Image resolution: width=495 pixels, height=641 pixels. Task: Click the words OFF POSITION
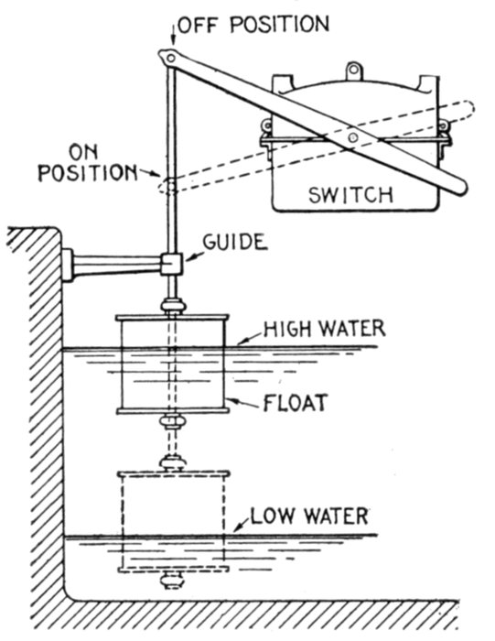tap(253, 25)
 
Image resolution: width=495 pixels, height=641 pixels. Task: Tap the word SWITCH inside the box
tap(350, 195)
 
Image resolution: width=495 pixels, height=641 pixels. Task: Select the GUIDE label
tap(235, 242)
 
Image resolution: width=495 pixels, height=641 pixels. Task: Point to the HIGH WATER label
tap(324, 329)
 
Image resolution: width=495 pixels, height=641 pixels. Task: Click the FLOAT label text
tap(296, 403)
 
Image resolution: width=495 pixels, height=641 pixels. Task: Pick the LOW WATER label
tap(309, 516)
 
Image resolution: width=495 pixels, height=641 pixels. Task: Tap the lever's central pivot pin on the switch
tap(353, 136)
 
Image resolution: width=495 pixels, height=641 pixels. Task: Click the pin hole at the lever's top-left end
tap(171, 58)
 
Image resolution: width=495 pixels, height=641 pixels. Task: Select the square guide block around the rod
tap(171, 264)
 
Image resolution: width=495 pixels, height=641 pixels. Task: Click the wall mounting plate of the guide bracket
tap(67, 265)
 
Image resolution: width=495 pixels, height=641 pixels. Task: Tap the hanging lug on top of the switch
tap(354, 71)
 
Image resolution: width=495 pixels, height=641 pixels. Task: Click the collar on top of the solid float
tap(173, 306)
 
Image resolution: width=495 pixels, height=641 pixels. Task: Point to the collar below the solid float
tap(173, 421)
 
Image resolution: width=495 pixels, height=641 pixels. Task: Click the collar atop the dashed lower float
tap(173, 463)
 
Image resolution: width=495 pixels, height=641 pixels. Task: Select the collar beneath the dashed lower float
tap(172, 580)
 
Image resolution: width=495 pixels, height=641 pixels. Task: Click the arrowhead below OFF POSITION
tap(173, 42)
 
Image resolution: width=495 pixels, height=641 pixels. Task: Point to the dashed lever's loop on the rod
tap(168, 186)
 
